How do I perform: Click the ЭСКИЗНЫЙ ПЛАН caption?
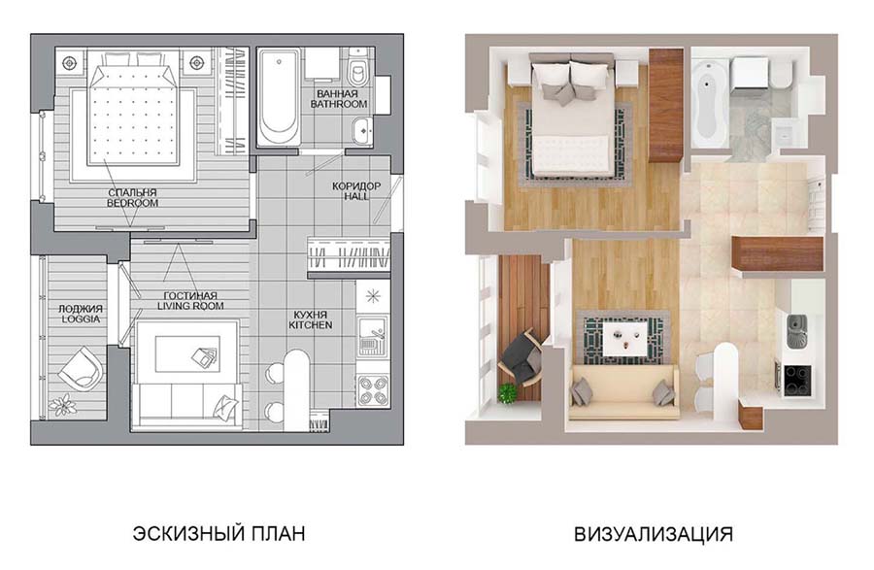[x=218, y=533]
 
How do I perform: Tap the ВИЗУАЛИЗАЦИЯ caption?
[x=654, y=534]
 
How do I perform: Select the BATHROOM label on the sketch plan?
[x=338, y=104]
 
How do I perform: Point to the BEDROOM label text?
[x=133, y=203]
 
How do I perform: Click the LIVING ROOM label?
[x=190, y=306]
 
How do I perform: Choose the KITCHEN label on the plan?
[x=311, y=325]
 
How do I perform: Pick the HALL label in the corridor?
[x=356, y=196]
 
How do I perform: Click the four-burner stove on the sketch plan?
[x=373, y=389]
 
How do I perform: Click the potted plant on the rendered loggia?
[x=508, y=393]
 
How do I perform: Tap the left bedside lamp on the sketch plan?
[x=69, y=62]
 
